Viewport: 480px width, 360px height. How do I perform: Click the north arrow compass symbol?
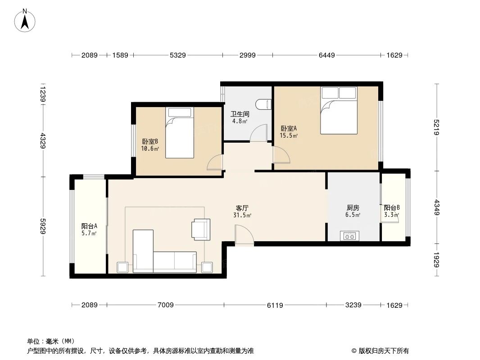click(x=26, y=20)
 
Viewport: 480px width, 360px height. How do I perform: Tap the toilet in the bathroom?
click(x=263, y=104)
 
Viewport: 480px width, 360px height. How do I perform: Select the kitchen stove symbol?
click(x=350, y=235)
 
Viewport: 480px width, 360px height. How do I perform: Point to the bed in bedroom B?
click(x=180, y=133)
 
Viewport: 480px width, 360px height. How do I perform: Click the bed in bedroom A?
click(x=338, y=110)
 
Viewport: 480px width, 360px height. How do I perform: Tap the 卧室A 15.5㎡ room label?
click(x=289, y=131)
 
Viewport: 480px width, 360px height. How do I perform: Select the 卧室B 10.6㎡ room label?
click(x=150, y=145)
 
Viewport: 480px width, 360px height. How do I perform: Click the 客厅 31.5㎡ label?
click(x=242, y=211)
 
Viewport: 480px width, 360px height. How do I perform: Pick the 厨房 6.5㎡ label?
click(x=353, y=211)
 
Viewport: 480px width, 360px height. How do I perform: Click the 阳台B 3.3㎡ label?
click(x=391, y=211)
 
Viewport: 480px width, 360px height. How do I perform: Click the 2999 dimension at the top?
click(x=247, y=55)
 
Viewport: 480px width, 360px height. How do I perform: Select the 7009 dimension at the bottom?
click(x=165, y=305)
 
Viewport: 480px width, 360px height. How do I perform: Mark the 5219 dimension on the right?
click(x=436, y=127)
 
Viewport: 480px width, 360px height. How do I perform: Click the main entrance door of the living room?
click(x=244, y=236)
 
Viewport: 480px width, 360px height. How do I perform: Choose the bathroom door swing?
click(x=258, y=134)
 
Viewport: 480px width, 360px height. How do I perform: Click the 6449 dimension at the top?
click(x=326, y=55)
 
